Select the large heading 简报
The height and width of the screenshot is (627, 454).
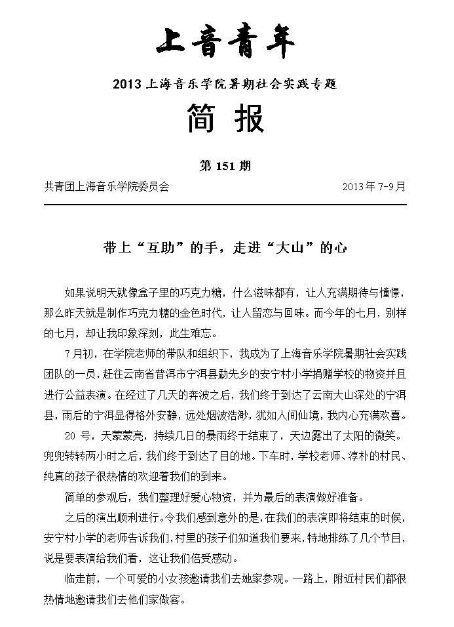(x=226, y=120)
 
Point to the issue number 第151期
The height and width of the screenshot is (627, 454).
(x=225, y=166)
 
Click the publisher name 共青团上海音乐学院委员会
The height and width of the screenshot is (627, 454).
(x=107, y=186)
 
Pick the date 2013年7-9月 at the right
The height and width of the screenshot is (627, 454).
(x=374, y=186)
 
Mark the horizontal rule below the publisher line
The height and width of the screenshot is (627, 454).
(x=226, y=205)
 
